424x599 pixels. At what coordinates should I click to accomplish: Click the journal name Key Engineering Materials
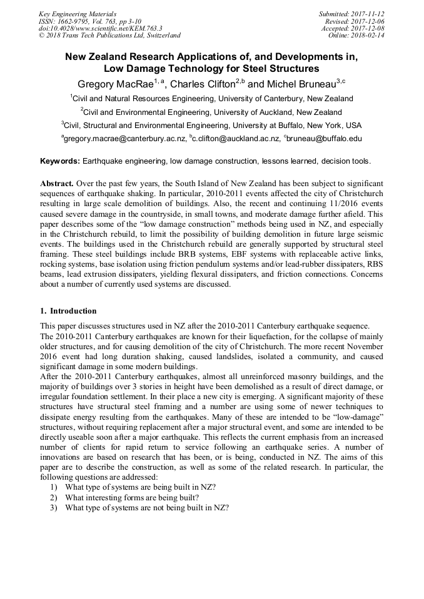[x=78, y=13]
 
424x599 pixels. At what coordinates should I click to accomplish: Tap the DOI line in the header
[x=100, y=28]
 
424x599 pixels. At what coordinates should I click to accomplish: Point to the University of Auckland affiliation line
[x=211, y=112]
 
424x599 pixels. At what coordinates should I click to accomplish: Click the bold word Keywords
[x=59, y=161]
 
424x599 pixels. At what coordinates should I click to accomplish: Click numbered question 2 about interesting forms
[x=132, y=497]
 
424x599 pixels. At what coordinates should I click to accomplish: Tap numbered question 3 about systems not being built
[x=146, y=507]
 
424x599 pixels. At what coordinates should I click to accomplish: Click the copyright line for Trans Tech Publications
[x=109, y=36]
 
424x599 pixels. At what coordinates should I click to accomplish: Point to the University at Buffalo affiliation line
[x=211, y=125]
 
